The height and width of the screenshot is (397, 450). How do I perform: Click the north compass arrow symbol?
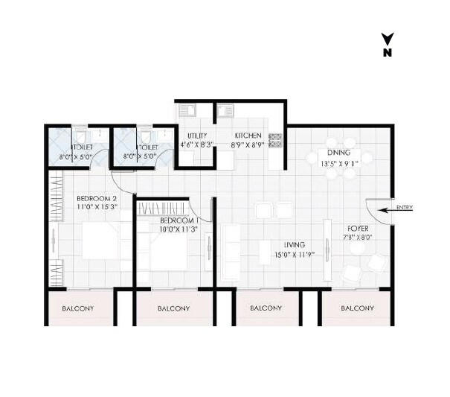387,39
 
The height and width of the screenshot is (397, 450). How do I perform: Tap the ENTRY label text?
405,208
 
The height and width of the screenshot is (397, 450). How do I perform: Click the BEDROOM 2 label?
97,198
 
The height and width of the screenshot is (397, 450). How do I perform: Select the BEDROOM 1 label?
179,221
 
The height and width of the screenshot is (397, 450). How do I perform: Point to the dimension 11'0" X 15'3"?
97,208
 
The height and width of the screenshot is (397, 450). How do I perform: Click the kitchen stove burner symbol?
274,139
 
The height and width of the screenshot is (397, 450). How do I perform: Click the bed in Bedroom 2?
101,241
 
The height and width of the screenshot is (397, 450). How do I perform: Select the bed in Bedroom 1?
169,252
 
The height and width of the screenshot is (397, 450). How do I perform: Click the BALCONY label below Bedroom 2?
77,308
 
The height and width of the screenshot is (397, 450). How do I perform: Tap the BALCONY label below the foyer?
357,308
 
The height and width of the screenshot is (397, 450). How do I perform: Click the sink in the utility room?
189,111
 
